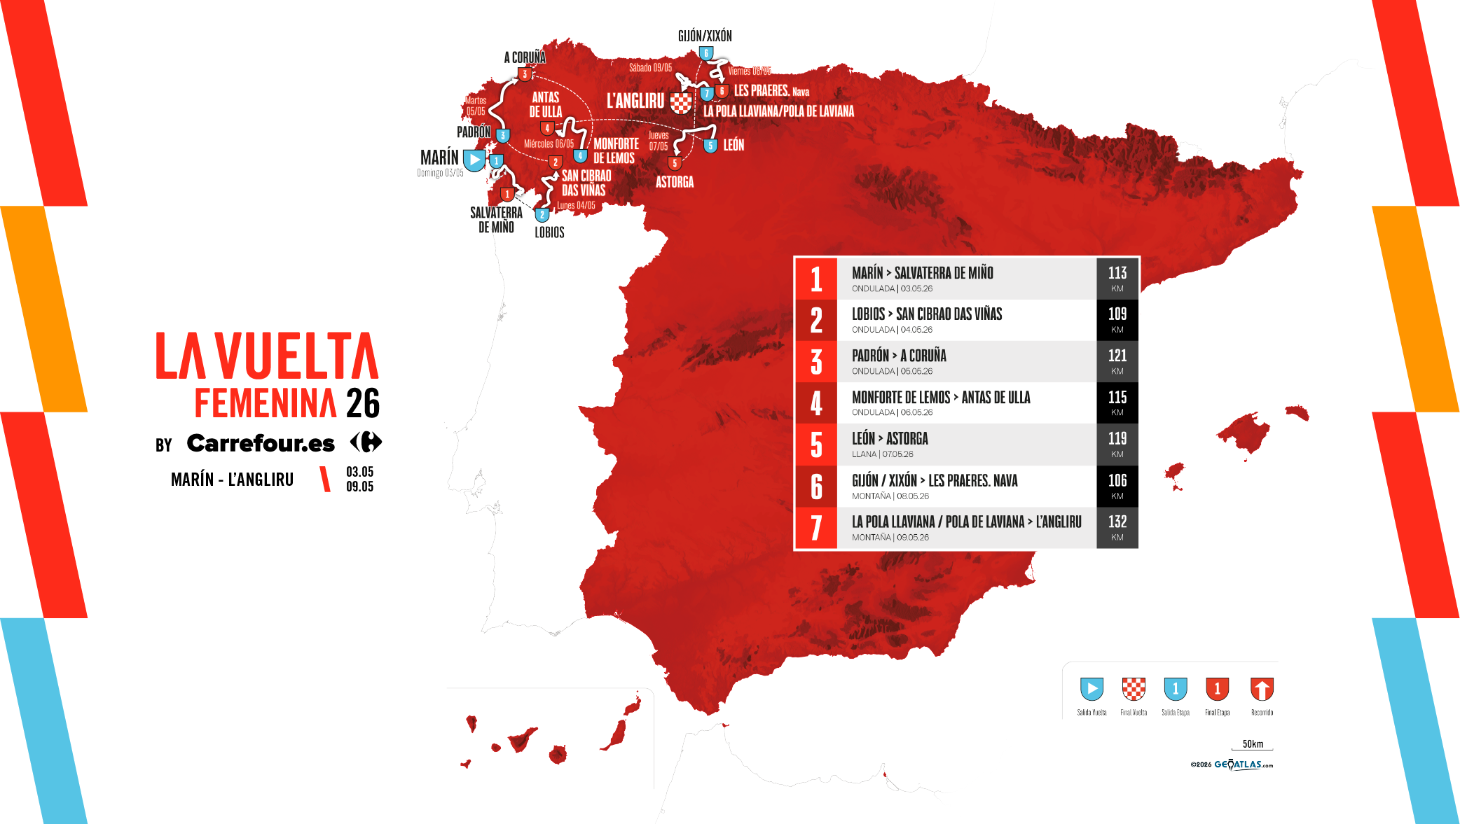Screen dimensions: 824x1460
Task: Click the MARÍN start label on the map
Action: coord(439,158)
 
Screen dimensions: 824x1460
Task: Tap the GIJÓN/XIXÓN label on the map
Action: coord(705,36)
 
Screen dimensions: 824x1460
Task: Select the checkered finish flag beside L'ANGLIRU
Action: coord(681,103)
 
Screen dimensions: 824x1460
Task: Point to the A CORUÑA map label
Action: coord(525,57)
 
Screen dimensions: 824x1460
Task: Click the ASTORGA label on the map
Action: coord(675,182)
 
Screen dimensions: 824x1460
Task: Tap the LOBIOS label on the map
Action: coord(549,232)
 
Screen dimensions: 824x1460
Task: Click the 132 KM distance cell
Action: coord(1117,528)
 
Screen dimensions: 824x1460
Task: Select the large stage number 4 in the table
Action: coord(816,403)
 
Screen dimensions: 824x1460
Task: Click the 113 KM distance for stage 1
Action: coord(1117,279)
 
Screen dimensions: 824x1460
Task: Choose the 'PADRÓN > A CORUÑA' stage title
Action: coord(899,356)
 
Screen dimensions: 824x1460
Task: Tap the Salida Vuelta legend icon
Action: coord(1091,689)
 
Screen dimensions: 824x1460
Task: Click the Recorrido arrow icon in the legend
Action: coord(1262,689)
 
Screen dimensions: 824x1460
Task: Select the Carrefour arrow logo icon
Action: coord(366,442)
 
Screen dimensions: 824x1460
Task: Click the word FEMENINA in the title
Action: coord(266,403)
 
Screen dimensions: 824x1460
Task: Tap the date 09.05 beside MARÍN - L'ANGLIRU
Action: coord(359,487)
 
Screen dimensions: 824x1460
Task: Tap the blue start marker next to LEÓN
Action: coord(710,146)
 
